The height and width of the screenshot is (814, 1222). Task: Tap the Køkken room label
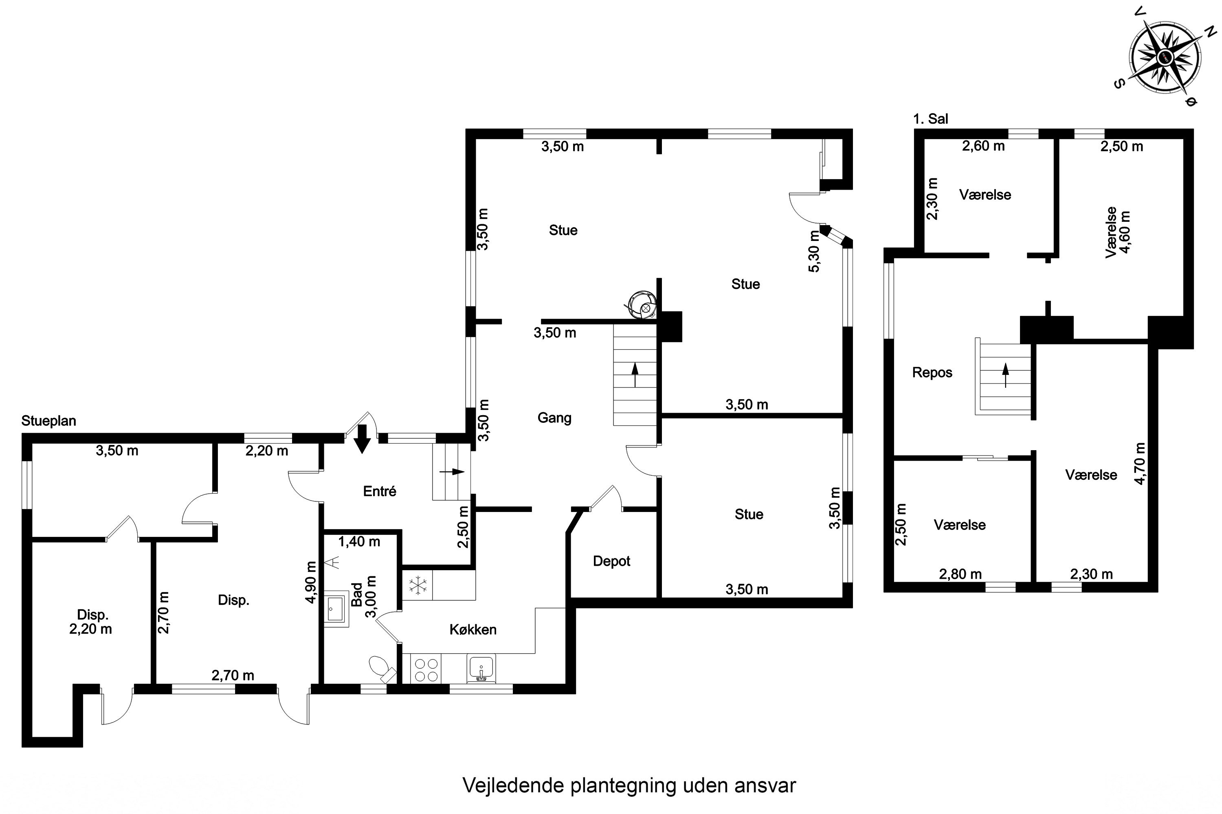tap(473, 630)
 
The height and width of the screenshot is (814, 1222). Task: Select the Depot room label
tap(611, 561)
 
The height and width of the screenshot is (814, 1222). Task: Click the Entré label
tap(379, 491)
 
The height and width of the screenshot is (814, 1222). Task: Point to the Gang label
tap(554, 418)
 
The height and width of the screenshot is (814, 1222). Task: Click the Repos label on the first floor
tap(932, 372)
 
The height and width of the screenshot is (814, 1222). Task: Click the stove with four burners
tap(426, 669)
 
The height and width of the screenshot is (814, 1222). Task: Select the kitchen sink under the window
tap(481, 667)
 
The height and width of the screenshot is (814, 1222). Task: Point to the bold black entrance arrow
tap(362, 439)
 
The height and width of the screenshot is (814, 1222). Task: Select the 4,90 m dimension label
tap(311, 582)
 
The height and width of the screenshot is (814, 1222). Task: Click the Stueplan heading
tap(48, 420)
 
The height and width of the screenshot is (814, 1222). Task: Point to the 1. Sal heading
tap(930, 119)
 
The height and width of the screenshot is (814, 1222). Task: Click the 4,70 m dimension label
tap(1140, 464)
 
